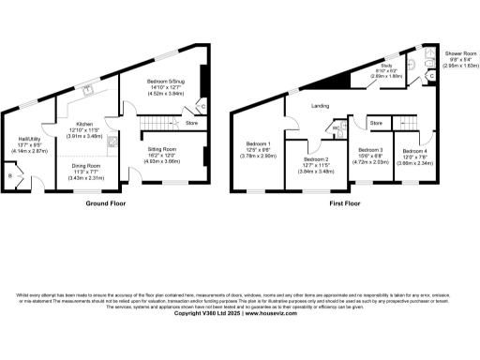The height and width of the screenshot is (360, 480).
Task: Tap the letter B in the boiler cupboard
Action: [x=9, y=174]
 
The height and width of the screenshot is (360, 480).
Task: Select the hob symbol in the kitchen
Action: [x=112, y=142]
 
